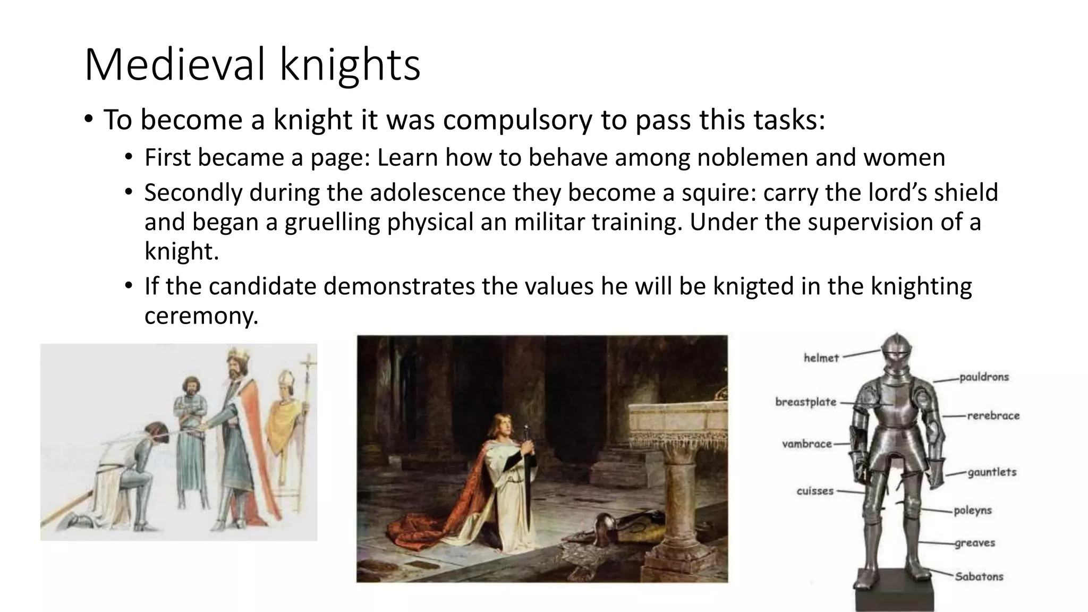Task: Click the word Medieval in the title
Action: [x=174, y=65]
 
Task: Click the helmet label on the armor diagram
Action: [x=821, y=358]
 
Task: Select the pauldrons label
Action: [x=984, y=377]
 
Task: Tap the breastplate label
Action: [x=805, y=402]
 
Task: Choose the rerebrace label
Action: [x=993, y=416]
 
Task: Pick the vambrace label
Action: [x=806, y=444]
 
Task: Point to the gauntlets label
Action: [x=991, y=472]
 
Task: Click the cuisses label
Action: [x=814, y=491]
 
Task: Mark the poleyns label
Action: [x=972, y=511]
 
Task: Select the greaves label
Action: [x=974, y=543]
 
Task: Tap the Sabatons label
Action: [x=979, y=576]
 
